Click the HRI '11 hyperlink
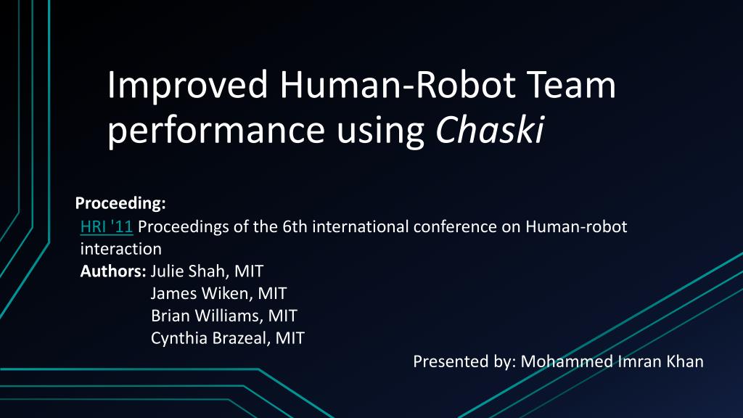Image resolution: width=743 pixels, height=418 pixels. (106, 226)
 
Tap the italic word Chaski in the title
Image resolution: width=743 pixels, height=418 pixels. (490, 131)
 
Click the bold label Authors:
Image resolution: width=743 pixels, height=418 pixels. (113, 271)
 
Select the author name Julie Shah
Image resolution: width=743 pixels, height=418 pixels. (189, 271)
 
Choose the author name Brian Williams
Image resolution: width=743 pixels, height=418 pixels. (206, 316)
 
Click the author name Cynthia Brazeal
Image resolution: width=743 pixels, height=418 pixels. (210, 337)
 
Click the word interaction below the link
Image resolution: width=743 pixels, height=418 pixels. (120, 249)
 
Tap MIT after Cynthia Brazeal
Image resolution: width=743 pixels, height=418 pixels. (290, 337)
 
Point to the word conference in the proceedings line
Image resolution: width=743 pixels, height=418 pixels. (453, 226)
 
